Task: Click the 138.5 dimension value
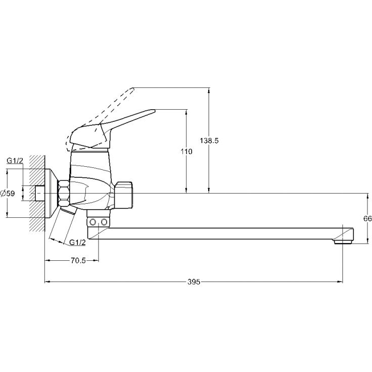209,141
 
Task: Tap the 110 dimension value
187,151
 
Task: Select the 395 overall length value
194,282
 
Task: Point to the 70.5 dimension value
78,261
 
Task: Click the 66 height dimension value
367,218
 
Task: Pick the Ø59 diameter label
8,194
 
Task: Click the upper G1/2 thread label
15,161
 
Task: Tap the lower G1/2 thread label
77,242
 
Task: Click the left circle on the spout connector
93,222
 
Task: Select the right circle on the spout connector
104,222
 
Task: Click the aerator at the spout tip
343,242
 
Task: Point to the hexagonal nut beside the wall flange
64,193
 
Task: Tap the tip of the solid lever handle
155,110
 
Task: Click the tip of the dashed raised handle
134,88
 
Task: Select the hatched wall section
37,193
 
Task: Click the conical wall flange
52,193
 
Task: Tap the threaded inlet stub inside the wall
40,193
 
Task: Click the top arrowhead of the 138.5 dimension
209,90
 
